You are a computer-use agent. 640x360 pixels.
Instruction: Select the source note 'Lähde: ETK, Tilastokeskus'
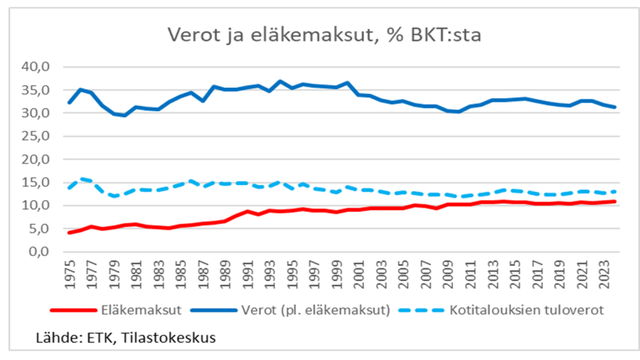[x=126, y=337]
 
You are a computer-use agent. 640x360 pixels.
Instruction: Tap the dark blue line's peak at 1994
[x=280, y=81]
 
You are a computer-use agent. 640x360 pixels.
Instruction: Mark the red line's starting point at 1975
[x=70, y=233]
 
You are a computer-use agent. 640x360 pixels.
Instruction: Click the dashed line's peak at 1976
[x=81, y=179]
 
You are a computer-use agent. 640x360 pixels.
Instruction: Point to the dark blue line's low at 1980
[x=125, y=115]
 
